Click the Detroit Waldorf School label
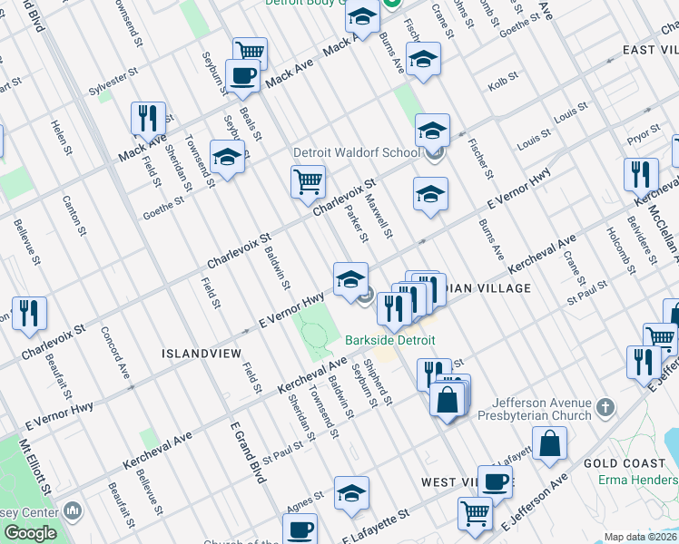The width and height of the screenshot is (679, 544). click(x=356, y=152)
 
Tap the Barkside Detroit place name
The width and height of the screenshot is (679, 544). click(x=389, y=340)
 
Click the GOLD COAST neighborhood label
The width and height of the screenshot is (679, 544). click(x=625, y=463)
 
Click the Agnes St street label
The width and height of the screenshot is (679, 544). click(x=305, y=500)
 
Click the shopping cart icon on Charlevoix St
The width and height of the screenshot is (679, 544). click(x=308, y=180)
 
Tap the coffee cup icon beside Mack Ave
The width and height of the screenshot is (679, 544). click(x=242, y=76)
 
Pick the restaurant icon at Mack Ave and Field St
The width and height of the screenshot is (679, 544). click(x=147, y=118)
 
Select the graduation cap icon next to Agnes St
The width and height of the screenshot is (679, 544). click(x=351, y=493)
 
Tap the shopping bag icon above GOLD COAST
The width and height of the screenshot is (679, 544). click(x=549, y=443)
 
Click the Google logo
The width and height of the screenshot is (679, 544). click(x=31, y=533)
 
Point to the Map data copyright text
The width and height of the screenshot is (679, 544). click(x=641, y=537)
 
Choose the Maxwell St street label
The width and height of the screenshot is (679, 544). click(x=382, y=219)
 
